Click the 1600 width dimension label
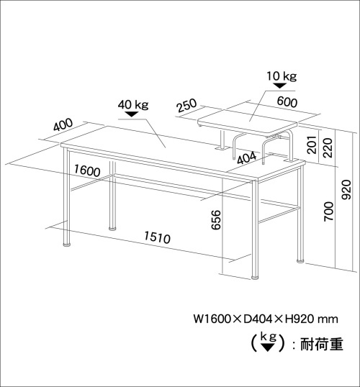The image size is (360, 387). click(87, 170)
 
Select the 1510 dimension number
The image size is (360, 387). click(157, 237)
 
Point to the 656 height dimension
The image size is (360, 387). click(216, 219)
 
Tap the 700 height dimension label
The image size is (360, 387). click(328, 211)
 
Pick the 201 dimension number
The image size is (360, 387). click(312, 145)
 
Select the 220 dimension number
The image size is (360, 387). click(328, 147)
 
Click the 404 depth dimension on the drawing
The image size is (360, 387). click(247, 158)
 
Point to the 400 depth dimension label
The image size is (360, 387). click(63, 124)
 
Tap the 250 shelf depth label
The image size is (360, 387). click(186, 106)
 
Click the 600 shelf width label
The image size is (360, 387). click(287, 102)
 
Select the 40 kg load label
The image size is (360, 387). click(133, 104)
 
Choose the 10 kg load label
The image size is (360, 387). click(282, 76)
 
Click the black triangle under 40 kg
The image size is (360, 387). click(132, 114)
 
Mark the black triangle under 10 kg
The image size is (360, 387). click(280, 86)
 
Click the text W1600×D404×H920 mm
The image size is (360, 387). click(266, 319)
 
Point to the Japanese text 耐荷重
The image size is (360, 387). click(322, 344)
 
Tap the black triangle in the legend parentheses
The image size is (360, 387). click(268, 347)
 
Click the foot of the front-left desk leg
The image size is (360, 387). click(67, 245)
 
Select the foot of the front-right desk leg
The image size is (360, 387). click(255, 278)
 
